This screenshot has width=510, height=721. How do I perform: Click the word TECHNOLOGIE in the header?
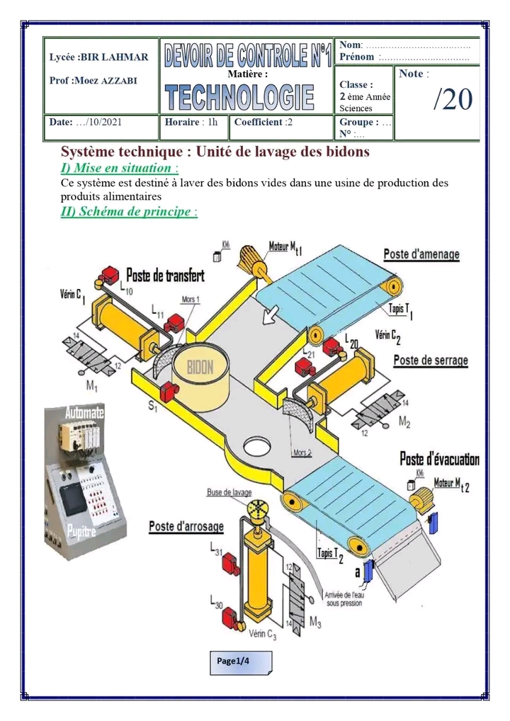(x=240, y=96)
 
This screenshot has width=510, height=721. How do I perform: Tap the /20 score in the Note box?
(x=453, y=100)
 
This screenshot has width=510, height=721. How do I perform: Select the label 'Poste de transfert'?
(x=165, y=276)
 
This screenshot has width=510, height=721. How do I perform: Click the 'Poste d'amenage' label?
(x=421, y=254)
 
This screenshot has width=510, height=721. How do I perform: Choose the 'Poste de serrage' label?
(x=431, y=360)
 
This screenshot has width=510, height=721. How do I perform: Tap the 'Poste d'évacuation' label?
(x=439, y=459)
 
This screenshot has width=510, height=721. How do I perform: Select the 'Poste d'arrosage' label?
(x=186, y=526)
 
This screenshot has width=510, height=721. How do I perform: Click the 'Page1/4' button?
(x=240, y=662)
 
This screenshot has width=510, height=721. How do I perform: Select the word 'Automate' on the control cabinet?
(x=84, y=411)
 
